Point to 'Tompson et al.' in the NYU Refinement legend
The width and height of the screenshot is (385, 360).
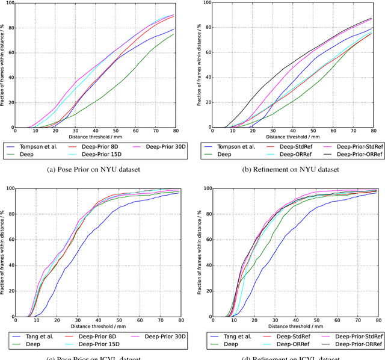(236, 145)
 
